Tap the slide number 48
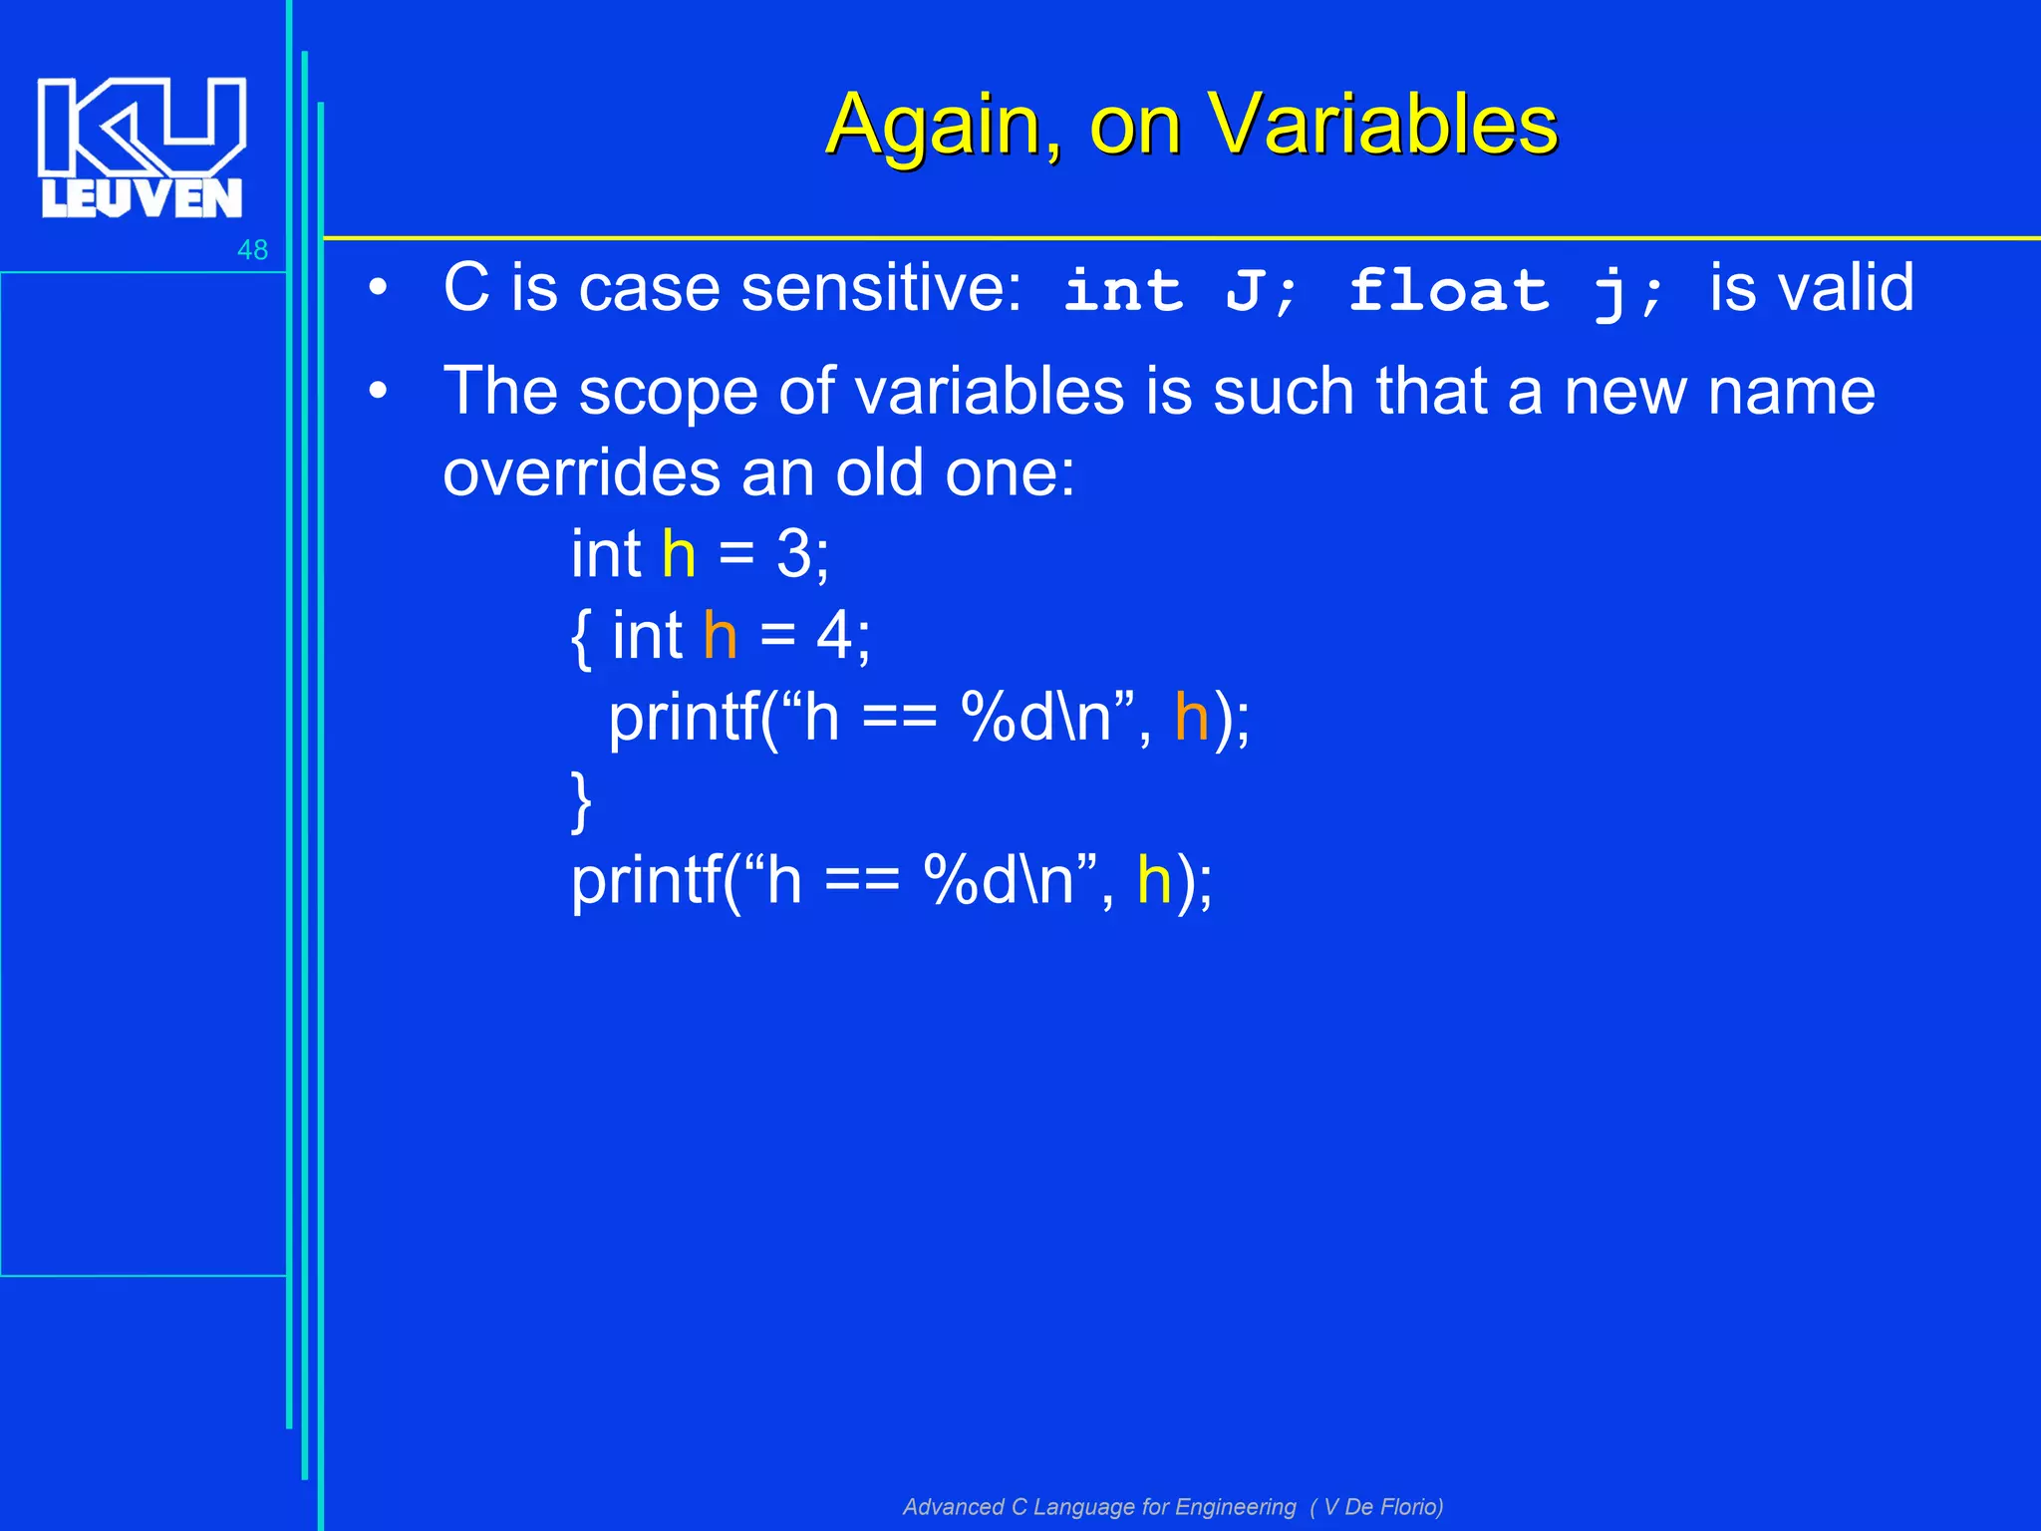(252, 250)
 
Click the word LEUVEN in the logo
(142, 198)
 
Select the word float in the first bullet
(1449, 290)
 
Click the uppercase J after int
(1246, 291)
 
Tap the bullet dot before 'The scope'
(377, 392)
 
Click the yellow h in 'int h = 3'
(679, 554)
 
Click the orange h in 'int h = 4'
(720, 636)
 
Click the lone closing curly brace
(581, 800)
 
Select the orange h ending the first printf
(1191, 717)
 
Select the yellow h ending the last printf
(1154, 880)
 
